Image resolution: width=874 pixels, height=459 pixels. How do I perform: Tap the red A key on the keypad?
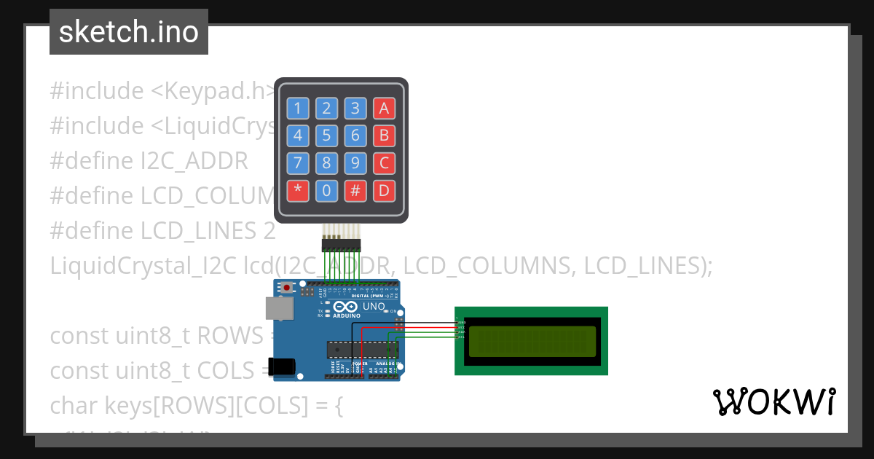(384, 109)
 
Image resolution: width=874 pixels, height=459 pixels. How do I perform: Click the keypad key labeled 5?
(327, 136)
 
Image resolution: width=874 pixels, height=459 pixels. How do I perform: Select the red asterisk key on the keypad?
(298, 191)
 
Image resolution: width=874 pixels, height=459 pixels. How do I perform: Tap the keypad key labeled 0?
(327, 191)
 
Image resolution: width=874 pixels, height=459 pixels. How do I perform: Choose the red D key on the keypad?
(384, 191)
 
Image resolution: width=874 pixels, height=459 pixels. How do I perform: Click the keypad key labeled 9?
(355, 163)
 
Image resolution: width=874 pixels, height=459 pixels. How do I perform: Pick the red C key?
(384, 163)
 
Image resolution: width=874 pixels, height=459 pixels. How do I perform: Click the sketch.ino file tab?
(129, 32)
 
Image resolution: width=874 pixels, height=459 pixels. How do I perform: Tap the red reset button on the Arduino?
(288, 288)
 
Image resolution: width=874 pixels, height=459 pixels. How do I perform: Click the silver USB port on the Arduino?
(280, 310)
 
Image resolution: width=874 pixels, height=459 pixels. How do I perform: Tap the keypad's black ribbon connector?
(342, 244)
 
